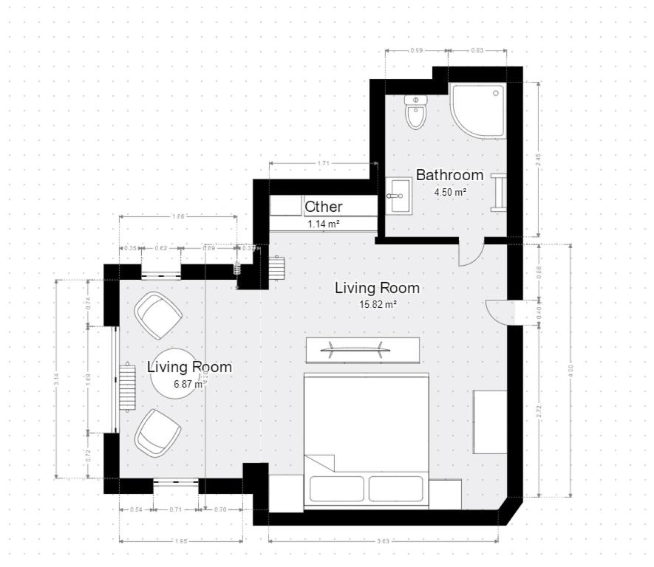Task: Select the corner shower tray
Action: click(x=477, y=111)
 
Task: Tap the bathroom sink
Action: click(x=400, y=196)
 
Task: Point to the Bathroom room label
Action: click(x=449, y=175)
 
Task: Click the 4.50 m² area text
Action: click(x=449, y=192)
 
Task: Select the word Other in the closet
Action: click(x=324, y=207)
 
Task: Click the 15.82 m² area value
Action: click(x=377, y=303)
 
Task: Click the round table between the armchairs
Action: click(x=175, y=373)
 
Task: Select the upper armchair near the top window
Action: click(x=158, y=315)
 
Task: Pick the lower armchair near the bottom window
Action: click(x=157, y=432)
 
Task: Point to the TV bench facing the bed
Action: click(x=362, y=350)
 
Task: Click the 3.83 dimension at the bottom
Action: click(x=383, y=541)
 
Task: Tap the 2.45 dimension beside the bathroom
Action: click(x=539, y=157)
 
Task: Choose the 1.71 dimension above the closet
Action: click(x=323, y=163)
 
